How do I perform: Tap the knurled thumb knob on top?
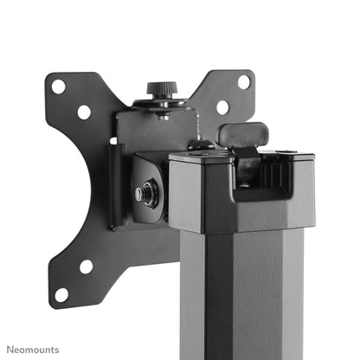(161, 89)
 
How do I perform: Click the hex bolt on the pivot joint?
(148, 192)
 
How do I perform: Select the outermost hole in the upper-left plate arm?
(59, 87)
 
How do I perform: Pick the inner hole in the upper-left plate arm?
(84, 112)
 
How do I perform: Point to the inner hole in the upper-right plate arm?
(222, 107)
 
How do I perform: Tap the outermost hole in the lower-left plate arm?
(60, 293)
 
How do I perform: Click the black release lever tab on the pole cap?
(242, 134)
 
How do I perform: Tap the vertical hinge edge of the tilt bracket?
(113, 186)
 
